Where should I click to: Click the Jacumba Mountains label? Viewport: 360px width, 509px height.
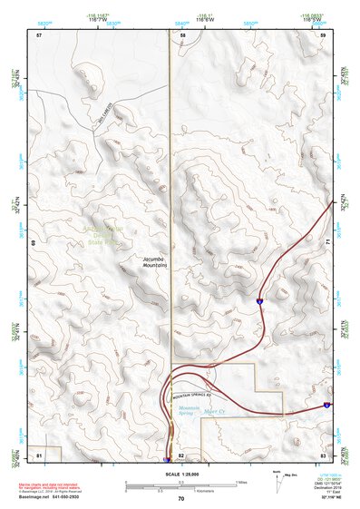155,262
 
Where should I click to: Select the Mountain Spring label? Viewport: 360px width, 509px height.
189,413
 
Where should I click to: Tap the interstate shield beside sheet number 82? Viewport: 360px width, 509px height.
166,460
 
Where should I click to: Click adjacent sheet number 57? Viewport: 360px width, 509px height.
39,34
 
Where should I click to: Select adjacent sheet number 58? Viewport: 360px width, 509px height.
182,34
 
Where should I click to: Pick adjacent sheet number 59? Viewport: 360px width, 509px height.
323,34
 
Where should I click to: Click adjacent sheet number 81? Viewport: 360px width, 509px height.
39,453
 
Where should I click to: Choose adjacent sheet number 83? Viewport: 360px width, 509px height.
323,453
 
